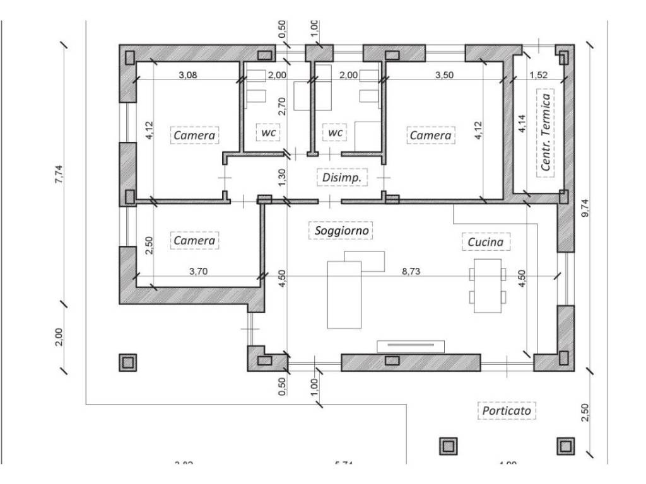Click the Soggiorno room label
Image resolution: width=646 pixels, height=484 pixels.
coord(342,231)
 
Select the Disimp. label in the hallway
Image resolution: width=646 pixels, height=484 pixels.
coord(341,178)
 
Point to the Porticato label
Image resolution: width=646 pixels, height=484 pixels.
coord(507,411)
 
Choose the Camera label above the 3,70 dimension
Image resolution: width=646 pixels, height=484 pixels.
coord(194,241)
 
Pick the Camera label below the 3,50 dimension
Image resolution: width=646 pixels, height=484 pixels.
coord(431,135)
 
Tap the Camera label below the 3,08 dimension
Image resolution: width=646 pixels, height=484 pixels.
coord(194,135)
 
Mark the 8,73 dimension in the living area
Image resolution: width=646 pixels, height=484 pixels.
coord(411,271)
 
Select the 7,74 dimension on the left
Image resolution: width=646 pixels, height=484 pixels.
coord(59,171)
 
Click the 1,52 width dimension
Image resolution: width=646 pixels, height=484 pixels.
coord(539,75)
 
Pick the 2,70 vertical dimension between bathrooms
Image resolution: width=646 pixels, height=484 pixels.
coord(283,105)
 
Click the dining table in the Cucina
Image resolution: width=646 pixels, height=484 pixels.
coord(487,285)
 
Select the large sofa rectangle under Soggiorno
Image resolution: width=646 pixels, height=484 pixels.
coord(344,295)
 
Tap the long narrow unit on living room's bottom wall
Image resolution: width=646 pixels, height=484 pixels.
coord(411,346)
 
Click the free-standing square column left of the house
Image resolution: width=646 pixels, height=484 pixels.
coord(128,362)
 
